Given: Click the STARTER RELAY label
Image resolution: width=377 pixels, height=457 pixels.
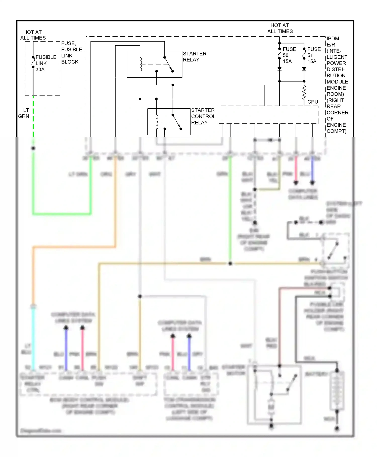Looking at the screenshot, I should coord(195,57).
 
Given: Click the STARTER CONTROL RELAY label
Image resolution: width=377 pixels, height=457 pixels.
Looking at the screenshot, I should coord(203,116).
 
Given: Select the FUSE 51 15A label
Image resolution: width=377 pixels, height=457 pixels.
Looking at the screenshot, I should coord(314,55).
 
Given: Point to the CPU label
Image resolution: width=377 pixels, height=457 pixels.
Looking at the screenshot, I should coord(313,102).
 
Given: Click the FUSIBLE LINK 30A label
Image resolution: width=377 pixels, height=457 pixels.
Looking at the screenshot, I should coord(46,63).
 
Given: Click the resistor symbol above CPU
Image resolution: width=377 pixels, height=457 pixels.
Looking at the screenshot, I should coord(304,92).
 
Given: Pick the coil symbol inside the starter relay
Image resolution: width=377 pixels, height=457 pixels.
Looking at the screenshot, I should coord(140,64).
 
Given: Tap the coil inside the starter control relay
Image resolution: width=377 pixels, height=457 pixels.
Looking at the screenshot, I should coord(157,122).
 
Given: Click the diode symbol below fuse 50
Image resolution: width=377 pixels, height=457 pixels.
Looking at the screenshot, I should coord(279,69).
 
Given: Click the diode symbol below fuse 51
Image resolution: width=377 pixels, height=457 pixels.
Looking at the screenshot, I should coord(304,69).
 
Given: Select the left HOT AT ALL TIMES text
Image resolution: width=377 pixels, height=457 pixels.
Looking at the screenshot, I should coord(33,35).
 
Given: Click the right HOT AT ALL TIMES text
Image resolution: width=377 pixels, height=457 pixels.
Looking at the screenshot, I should coord(280,28).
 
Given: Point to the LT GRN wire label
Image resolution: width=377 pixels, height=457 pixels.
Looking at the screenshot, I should coord(24,113).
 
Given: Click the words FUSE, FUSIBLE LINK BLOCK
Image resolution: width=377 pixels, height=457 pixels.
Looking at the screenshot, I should coord(71,53).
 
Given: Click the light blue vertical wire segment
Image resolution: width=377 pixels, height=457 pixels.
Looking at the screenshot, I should coord(33,338).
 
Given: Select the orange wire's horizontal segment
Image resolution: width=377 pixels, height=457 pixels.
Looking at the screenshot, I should coord(74,247).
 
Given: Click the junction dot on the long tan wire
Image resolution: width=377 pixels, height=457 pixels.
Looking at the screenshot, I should coord(230,264).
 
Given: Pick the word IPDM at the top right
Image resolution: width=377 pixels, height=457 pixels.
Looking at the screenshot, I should coord(333,39).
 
